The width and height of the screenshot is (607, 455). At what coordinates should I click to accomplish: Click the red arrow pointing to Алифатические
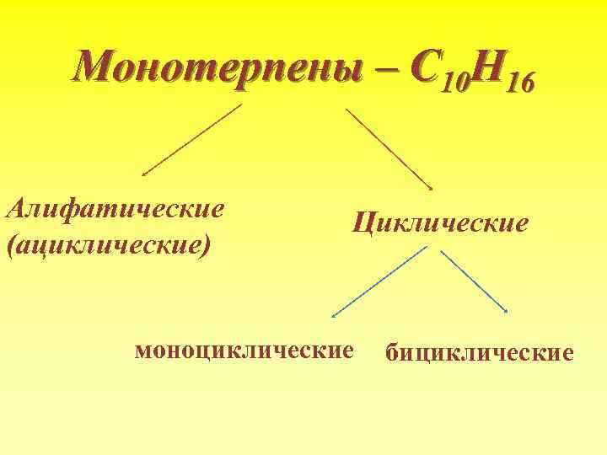pos(192,139)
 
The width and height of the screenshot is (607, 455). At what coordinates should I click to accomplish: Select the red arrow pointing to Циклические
pos(389,148)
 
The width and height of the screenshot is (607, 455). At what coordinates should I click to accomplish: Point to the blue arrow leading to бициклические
pos(473,281)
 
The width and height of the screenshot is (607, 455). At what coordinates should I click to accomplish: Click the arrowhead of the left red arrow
pos(144,174)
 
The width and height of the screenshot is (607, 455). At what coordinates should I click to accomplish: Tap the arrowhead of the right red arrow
pos(431,188)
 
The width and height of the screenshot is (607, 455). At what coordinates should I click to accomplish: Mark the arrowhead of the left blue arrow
pos(333,317)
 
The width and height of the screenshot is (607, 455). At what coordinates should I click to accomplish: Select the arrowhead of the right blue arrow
pos(505,312)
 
